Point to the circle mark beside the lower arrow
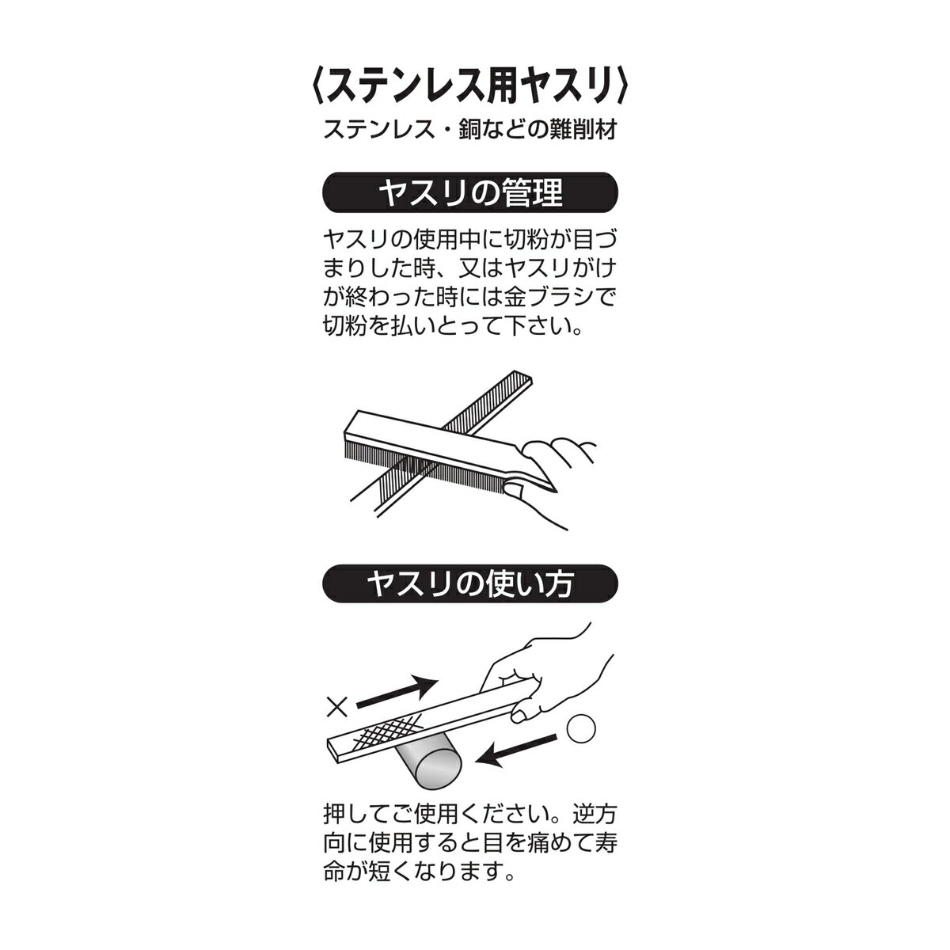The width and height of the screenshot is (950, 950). click(x=581, y=729)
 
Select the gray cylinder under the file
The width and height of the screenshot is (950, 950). click(x=430, y=766)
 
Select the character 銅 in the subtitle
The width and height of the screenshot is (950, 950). click(x=469, y=130)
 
